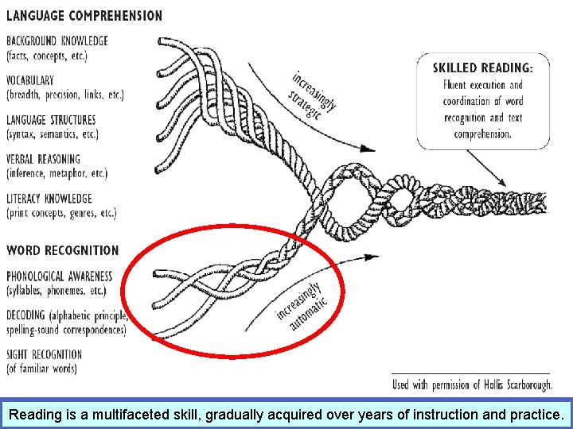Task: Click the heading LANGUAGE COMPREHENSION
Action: [84, 15]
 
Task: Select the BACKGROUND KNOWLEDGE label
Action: [57, 41]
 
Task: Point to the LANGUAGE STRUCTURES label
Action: [51, 120]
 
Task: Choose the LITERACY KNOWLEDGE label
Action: [49, 199]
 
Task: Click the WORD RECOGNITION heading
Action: [63, 250]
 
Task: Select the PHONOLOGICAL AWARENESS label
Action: [60, 276]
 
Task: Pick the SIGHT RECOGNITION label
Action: [45, 354]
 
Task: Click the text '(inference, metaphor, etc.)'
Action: [57, 173]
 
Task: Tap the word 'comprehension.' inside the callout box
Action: [482, 134]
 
